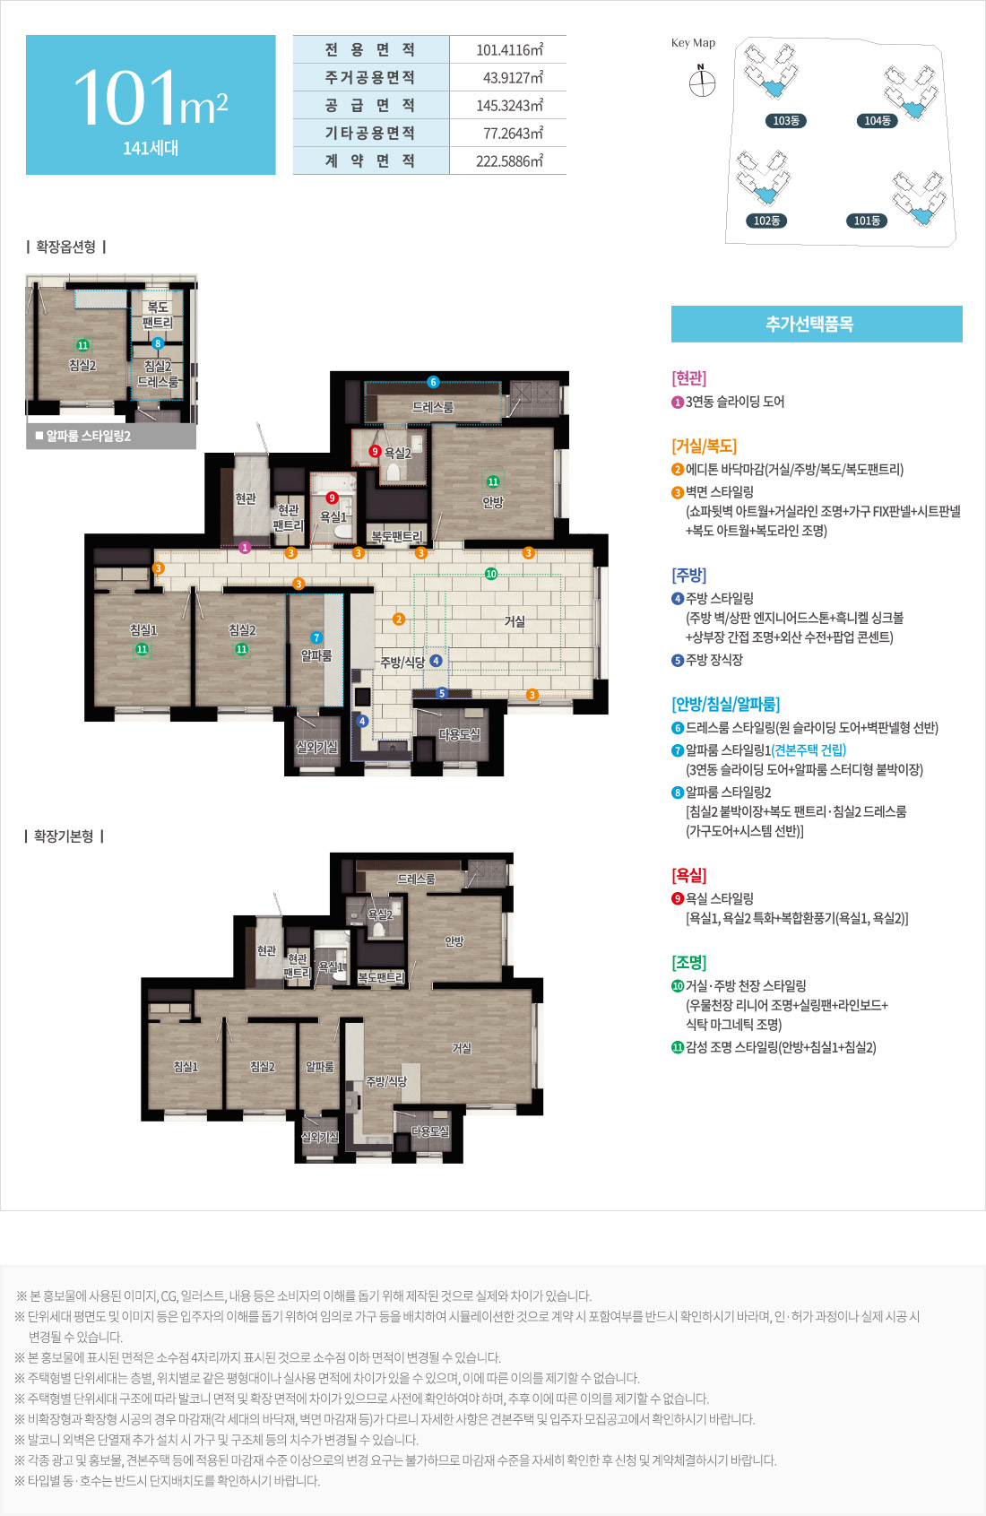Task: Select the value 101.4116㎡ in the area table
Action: click(509, 49)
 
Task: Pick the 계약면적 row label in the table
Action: click(369, 161)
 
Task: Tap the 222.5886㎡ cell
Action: click(509, 161)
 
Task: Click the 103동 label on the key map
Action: click(786, 120)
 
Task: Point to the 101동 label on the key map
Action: click(867, 221)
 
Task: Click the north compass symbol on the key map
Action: click(702, 82)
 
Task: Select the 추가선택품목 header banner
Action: click(817, 325)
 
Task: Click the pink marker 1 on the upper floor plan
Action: click(245, 548)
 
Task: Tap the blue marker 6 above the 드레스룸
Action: click(434, 383)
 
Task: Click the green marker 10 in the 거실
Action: click(491, 574)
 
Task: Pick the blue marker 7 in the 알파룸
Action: click(316, 637)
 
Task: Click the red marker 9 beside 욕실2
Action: click(375, 452)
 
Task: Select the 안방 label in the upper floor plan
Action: click(493, 502)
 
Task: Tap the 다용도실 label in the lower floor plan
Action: click(430, 1131)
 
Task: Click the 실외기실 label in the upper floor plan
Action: click(316, 747)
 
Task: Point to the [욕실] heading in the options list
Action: click(689, 876)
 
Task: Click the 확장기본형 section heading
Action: click(65, 836)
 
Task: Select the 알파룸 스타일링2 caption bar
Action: click(111, 437)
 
